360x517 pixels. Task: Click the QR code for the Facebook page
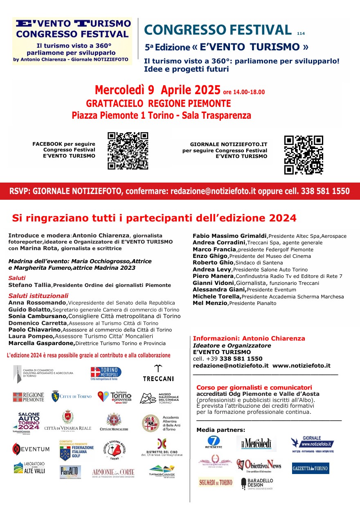(128, 151)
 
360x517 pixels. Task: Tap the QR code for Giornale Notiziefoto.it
(304, 155)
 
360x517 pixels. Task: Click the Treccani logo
(158, 374)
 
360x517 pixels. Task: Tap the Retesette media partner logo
(213, 443)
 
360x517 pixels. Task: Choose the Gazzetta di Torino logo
(310, 468)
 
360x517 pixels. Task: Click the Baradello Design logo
(256, 483)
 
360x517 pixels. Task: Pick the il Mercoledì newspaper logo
(256, 443)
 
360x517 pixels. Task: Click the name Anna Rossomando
(37, 303)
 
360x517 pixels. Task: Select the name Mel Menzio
(210, 303)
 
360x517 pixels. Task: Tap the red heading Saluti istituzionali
(38, 296)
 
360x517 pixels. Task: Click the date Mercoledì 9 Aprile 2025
(157, 90)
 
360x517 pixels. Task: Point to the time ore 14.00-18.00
(244, 92)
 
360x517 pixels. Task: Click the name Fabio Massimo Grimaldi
(229, 236)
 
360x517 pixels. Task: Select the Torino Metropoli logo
(106, 373)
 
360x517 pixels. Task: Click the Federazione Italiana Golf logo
(76, 451)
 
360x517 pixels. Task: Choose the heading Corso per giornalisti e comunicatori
(254, 387)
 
